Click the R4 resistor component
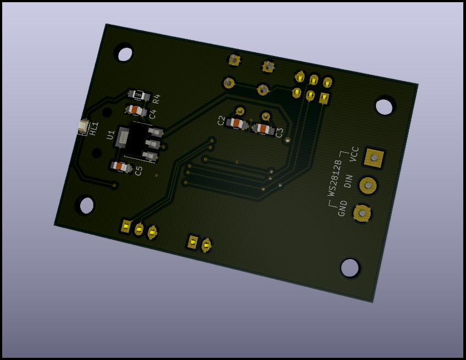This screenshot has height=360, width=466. (x=138, y=95)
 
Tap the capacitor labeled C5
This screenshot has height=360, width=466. (x=121, y=167)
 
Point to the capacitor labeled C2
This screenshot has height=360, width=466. (x=237, y=123)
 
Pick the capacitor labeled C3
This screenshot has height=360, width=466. (x=263, y=128)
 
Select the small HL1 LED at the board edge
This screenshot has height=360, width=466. (x=83, y=126)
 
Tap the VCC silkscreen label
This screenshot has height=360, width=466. (x=355, y=154)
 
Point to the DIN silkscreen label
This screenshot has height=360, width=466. (x=349, y=181)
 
